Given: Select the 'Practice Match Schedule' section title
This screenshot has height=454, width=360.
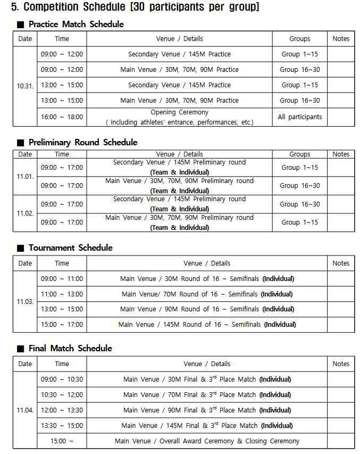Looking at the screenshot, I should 76,24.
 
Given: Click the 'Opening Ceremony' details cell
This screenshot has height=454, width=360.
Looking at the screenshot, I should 179,117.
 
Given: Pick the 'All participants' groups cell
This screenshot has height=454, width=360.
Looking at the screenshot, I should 299,117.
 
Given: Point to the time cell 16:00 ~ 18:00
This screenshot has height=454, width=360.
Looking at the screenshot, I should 62,117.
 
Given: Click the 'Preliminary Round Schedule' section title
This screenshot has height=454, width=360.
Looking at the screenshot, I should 83,143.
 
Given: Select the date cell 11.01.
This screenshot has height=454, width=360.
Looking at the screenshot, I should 25,176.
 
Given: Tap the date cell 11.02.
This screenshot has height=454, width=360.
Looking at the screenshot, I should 25,213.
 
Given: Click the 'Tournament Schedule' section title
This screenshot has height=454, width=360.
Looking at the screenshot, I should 70,248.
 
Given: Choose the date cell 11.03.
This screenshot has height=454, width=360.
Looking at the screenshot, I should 25,301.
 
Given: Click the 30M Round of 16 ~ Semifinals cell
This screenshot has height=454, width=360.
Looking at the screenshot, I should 207,279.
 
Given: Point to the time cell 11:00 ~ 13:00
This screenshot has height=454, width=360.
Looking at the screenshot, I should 62,294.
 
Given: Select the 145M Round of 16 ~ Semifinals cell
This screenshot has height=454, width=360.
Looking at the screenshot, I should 207,325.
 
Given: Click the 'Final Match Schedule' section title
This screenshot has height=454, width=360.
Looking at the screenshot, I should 70,349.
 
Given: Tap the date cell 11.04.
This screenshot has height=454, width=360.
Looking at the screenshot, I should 25,410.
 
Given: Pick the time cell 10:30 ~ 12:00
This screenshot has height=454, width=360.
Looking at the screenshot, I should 62,395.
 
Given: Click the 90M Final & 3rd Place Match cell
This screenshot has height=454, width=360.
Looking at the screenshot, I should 207,410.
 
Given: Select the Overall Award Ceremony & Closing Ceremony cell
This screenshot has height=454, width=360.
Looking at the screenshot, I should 207,441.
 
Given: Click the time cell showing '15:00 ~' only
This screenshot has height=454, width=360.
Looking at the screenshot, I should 62,441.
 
